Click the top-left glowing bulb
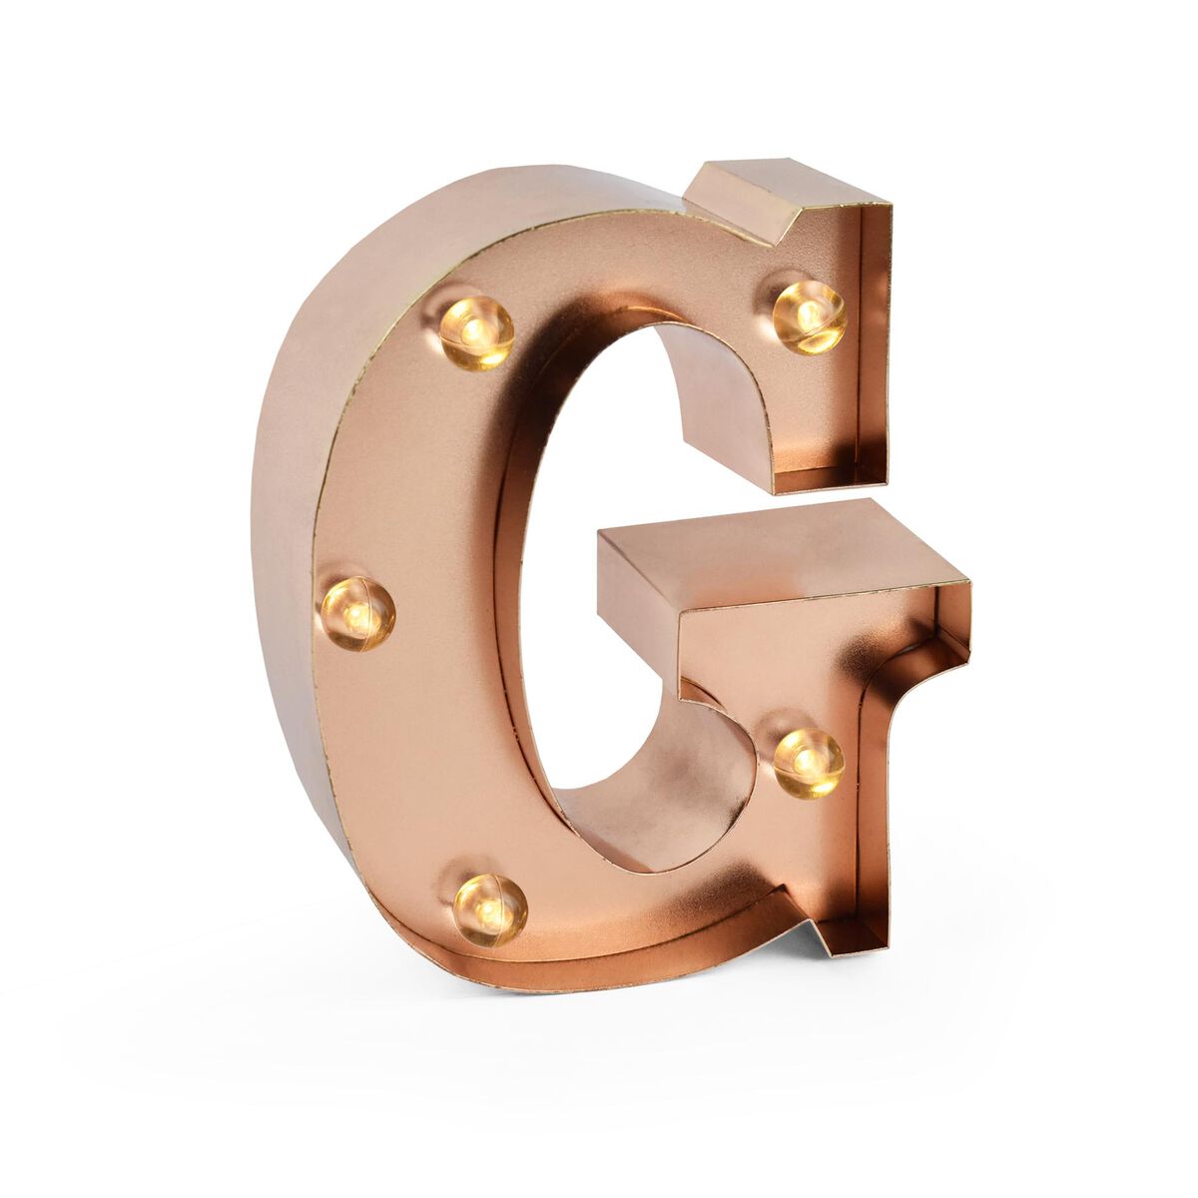click(x=476, y=331)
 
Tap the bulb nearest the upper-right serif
click(x=809, y=316)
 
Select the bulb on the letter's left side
click(x=356, y=613)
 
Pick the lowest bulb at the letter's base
click(x=489, y=908)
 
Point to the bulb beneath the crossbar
click(x=809, y=763)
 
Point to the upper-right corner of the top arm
click(x=889, y=206)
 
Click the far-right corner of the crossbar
click(x=968, y=583)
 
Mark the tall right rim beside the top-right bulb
click(x=874, y=339)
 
